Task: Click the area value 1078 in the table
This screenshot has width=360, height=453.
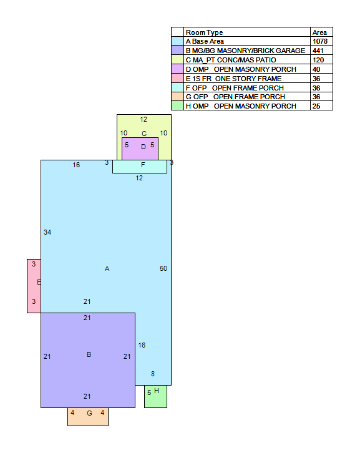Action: (320, 41)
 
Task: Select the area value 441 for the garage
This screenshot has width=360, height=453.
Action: (318, 51)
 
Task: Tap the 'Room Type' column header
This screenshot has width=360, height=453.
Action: (204, 32)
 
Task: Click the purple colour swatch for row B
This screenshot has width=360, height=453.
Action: (177, 51)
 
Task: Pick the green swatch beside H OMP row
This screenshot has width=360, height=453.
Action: (177, 105)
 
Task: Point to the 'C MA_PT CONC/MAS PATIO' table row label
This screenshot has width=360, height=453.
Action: (231, 60)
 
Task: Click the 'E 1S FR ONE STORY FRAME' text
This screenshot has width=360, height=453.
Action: (233, 79)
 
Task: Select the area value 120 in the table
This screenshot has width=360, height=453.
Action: (318, 60)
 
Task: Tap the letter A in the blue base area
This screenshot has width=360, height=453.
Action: (107, 269)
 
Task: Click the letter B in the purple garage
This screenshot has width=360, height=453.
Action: (89, 354)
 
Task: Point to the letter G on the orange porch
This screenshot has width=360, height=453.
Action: (90, 414)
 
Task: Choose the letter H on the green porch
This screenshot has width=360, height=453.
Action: (157, 391)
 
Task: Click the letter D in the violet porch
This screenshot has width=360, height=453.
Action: (144, 147)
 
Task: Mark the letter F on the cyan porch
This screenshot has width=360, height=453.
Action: (143, 165)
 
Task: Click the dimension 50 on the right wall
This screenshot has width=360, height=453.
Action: (163, 268)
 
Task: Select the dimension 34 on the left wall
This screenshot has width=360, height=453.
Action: (47, 232)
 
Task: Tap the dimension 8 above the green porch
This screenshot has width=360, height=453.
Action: (153, 374)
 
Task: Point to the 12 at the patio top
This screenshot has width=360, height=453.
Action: (144, 120)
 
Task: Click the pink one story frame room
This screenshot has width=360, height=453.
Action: (34, 286)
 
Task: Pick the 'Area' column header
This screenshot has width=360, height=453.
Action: (319, 32)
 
